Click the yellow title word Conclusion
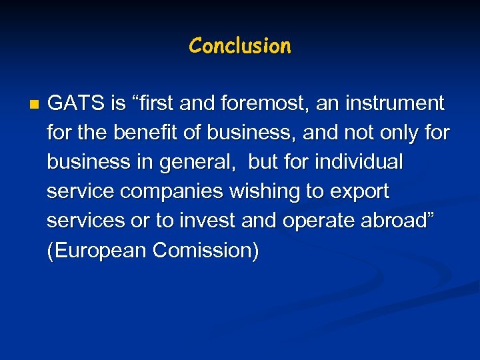pyautogui.click(x=240, y=46)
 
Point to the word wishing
pyautogui.click(x=265, y=192)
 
